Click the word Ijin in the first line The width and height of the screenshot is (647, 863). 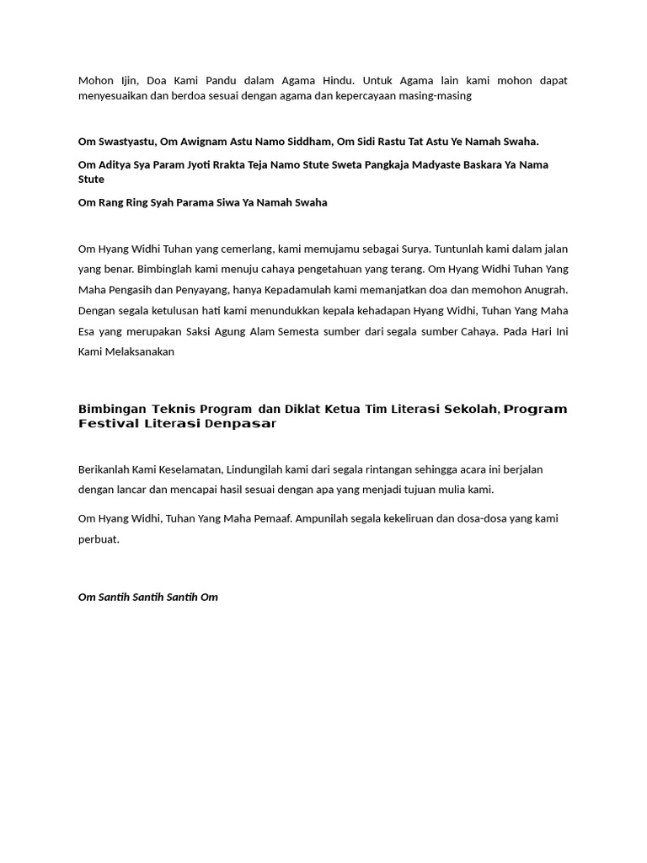coord(125,81)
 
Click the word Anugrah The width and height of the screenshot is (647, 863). coord(545,290)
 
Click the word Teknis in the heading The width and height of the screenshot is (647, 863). coord(174,410)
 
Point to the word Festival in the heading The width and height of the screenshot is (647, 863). coord(110,424)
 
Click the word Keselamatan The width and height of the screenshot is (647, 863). coord(187,469)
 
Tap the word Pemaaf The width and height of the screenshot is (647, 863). coord(267,519)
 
